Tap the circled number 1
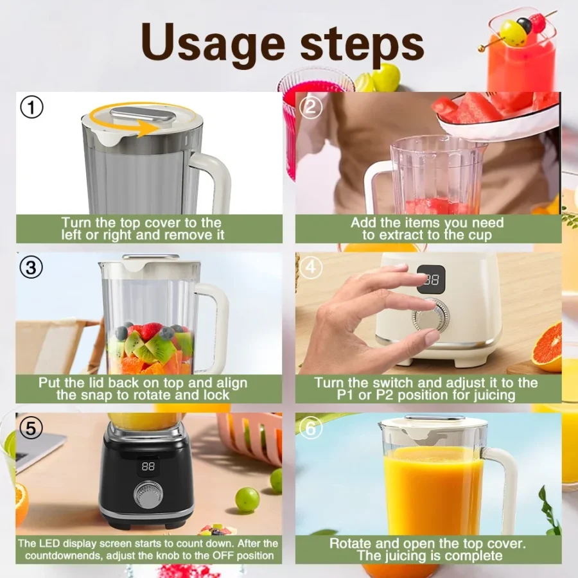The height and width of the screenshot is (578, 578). pyautogui.click(x=31, y=107)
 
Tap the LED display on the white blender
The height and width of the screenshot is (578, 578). pyautogui.click(x=431, y=279)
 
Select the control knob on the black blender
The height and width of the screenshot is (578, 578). pyautogui.click(x=148, y=496)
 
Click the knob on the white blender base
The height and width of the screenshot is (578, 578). pyautogui.click(x=429, y=318)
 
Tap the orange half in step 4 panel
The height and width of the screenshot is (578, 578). pyautogui.click(x=548, y=347)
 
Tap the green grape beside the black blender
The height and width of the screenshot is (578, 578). pyautogui.click(x=247, y=499)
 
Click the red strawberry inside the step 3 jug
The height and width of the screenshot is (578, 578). pyautogui.click(x=152, y=331)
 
